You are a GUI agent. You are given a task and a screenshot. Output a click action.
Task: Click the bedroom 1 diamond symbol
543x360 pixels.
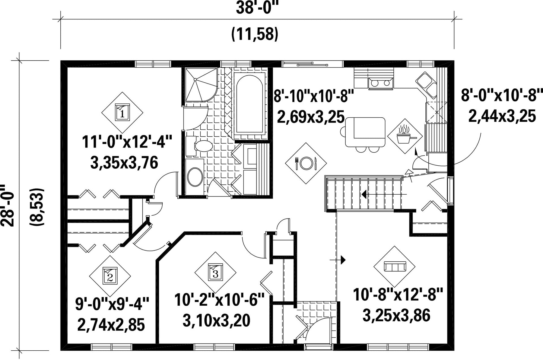pyautogui.click(x=122, y=112)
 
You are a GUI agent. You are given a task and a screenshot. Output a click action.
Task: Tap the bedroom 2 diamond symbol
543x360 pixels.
pyautogui.click(x=110, y=276)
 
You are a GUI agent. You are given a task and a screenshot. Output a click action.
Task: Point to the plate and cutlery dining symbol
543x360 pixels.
pyautogui.click(x=306, y=163)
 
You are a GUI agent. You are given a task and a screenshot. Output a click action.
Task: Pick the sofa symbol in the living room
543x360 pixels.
pyautogui.click(x=395, y=267)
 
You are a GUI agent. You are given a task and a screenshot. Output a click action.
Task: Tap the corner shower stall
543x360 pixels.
pyautogui.click(x=201, y=85)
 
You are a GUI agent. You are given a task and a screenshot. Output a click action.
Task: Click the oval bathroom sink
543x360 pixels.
pyautogui.click(x=195, y=177)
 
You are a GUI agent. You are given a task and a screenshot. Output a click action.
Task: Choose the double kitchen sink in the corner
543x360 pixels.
pyautogui.click(x=427, y=85)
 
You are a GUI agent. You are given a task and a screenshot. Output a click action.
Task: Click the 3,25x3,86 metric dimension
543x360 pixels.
pyautogui.click(x=396, y=316)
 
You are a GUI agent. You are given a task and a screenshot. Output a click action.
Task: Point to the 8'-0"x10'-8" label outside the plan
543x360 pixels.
pyautogui.click(x=502, y=96)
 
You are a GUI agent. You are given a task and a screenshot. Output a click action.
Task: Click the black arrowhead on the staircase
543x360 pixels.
pyautogui.click(x=364, y=194)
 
